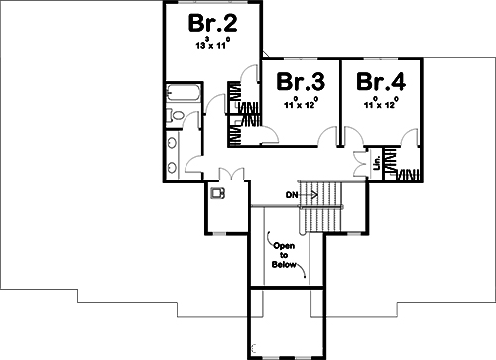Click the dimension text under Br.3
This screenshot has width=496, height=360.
point(301,101)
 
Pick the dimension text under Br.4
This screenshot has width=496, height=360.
point(380,101)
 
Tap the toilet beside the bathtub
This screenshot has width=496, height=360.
point(177,117)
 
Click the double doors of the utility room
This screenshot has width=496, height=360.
point(227,175)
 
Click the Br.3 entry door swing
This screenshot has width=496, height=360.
point(325,140)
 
